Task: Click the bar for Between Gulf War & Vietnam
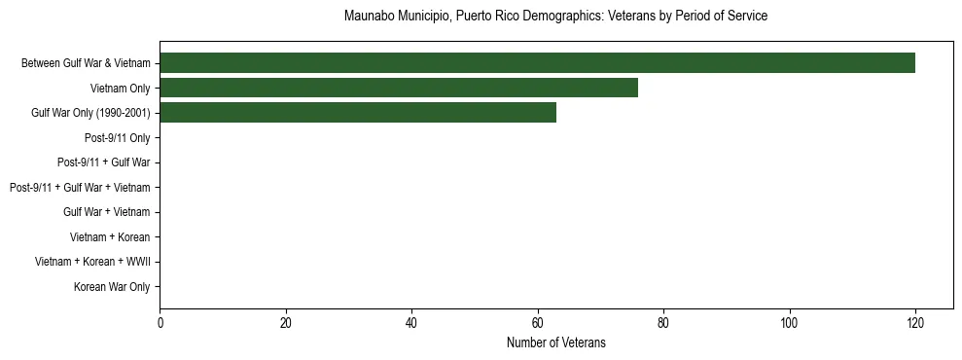(537, 63)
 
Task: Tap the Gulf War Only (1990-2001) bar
(358, 113)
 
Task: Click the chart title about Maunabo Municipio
(555, 17)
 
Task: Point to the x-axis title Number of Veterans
(555, 342)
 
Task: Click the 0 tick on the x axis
(160, 322)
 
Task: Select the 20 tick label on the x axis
(286, 322)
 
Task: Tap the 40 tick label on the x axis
(411, 322)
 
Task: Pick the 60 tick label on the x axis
(538, 322)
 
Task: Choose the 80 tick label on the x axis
(663, 322)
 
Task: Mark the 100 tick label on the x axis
(789, 322)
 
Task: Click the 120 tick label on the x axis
(915, 322)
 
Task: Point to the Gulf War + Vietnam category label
(106, 212)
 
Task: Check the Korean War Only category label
(112, 287)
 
